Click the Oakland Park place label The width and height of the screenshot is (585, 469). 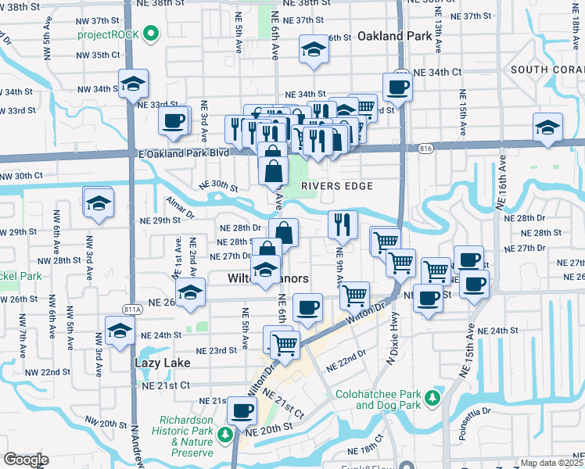pyautogui.click(x=395, y=36)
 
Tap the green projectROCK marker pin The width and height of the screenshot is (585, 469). pyautogui.click(x=153, y=33)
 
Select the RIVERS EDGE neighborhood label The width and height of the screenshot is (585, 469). pyautogui.click(x=336, y=185)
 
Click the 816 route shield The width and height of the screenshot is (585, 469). pyautogui.click(x=425, y=146)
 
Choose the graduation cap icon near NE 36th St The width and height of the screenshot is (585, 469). pyautogui.click(x=314, y=49)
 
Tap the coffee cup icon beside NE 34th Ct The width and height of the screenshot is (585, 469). pyautogui.click(x=397, y=87)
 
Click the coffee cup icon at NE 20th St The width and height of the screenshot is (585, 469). pyautogui.click(x=242, y=410)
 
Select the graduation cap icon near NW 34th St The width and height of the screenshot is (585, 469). pyautogui.click(x=133, y=83)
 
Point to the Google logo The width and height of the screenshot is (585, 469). pyautogui.click(x=26, y=460)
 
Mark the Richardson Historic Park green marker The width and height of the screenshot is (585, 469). pyautogui.click(x=225, y=433)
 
